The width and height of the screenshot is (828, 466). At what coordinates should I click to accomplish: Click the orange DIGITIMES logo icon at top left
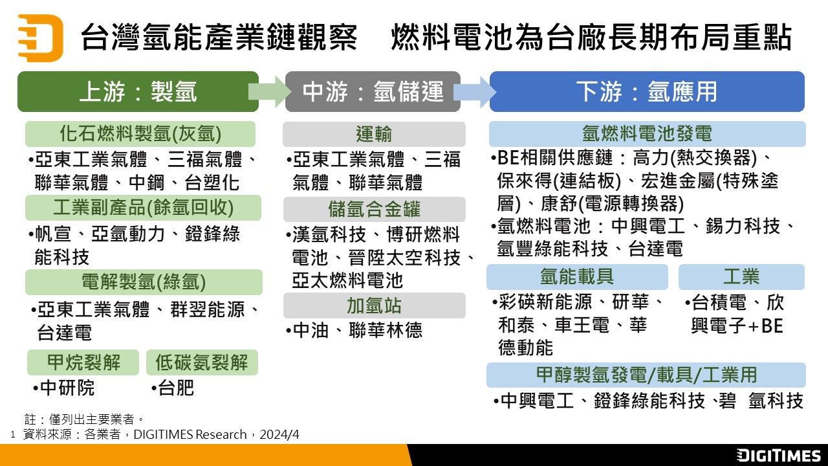41,37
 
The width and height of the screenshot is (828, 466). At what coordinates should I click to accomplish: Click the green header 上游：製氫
137,91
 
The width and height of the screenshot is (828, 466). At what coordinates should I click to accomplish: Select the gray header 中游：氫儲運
373,91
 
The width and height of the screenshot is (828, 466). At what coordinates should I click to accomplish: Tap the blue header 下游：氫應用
647,91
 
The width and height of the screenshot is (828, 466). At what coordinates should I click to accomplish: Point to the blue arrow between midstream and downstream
475,91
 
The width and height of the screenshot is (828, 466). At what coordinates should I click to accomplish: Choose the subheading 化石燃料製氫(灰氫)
140,134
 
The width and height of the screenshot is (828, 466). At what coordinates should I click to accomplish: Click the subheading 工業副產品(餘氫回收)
143,208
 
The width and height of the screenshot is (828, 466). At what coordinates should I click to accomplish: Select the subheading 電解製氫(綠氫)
144,282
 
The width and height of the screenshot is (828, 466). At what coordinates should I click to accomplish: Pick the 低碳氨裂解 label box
202,362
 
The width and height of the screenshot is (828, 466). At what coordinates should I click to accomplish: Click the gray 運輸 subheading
374,134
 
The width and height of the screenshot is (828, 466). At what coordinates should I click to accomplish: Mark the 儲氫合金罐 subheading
374,209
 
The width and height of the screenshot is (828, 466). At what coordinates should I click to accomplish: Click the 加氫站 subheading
374,305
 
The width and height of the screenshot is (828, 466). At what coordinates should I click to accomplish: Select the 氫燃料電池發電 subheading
647,134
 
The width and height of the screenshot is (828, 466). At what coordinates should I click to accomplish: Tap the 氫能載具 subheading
577,277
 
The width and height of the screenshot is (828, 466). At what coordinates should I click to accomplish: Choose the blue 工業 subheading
741,277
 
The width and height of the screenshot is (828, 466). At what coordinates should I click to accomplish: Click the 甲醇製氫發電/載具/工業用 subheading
647,375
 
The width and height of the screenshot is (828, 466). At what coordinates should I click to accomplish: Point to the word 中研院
67,388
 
